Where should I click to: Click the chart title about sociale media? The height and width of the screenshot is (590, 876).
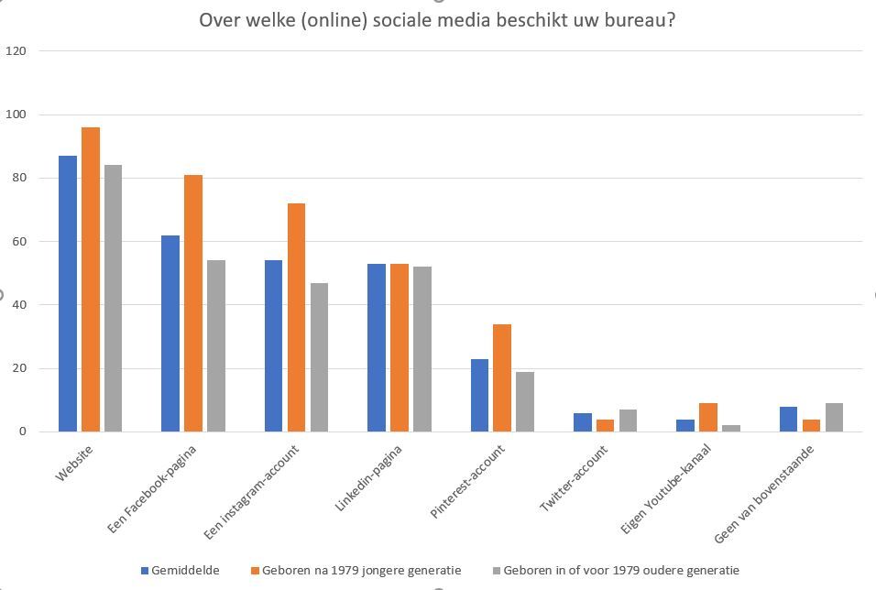437,19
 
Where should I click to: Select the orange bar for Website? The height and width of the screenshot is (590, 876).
90,279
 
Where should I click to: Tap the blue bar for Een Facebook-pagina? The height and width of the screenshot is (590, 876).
170,333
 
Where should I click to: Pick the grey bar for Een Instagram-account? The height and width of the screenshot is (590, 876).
319,357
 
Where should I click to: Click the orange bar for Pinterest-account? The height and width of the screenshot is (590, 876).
501,377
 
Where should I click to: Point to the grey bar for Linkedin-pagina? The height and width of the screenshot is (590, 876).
422,349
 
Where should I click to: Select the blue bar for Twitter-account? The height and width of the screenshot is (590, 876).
583,422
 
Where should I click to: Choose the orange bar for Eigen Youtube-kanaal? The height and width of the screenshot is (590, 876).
707,418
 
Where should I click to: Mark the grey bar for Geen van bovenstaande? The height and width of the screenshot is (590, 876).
834,418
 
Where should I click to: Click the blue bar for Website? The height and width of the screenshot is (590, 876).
68,293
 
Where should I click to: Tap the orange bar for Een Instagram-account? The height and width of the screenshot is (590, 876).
296,317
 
